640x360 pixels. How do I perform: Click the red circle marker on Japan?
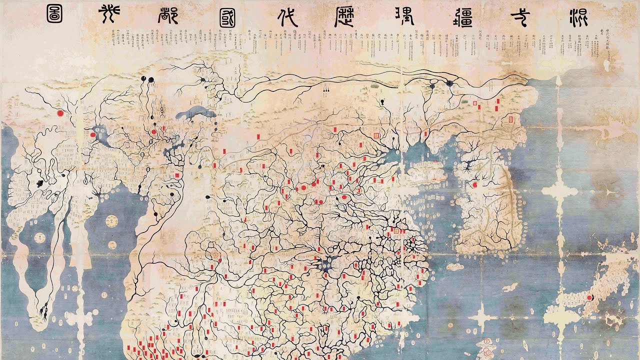pyautogui.click(x=589, y=297)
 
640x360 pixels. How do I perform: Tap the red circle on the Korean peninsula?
pyautogui.click(x=475, y=185)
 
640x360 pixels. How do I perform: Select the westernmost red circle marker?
pyautogui.click(x=60, y=113)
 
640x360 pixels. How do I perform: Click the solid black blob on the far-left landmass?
pyautogui.click(x=39, y=183)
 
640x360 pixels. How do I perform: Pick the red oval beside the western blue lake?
pyautogui.click(x=93, y=134)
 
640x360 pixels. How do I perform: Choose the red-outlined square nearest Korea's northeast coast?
pyautogui.click(x=511, y=119)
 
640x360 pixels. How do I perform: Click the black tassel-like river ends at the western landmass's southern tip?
pyautogui.click(x=43, y=313)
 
